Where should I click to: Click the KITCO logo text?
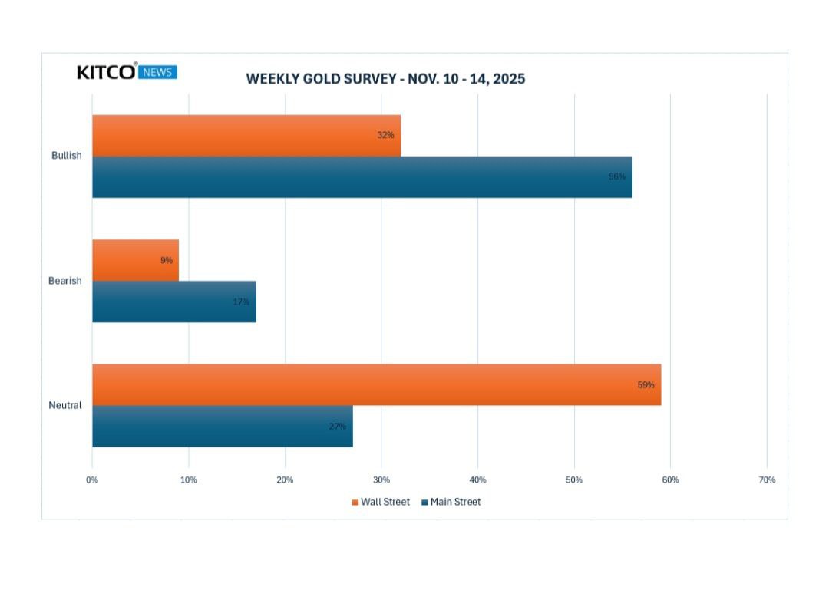[x=107, y=72]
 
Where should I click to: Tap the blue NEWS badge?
[x=158, y=72]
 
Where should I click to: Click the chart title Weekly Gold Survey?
[x=385, y=78]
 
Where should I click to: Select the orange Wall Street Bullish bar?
[x=246, y=136]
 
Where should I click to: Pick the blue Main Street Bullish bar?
[x=362, y=177]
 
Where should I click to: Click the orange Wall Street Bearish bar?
[x=135, y=260]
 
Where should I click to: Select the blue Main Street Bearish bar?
[x=173, y=302]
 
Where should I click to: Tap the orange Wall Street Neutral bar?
[x=376, y=384]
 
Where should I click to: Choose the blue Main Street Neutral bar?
[x=222, y=426]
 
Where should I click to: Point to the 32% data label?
[x=385, y=135]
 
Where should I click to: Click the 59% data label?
[x=646, y=384]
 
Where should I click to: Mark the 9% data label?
[x=167, y=260]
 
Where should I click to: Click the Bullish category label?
[x=67, y=156]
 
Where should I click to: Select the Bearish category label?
[x=65, y=281]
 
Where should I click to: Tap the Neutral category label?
[x=65, y=405]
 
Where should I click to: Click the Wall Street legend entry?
[x=381, y=502]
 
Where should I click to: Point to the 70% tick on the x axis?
[x=766, y=480]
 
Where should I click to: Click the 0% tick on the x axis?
[x=92, y=480]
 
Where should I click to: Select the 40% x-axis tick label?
[x=477, y=480]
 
